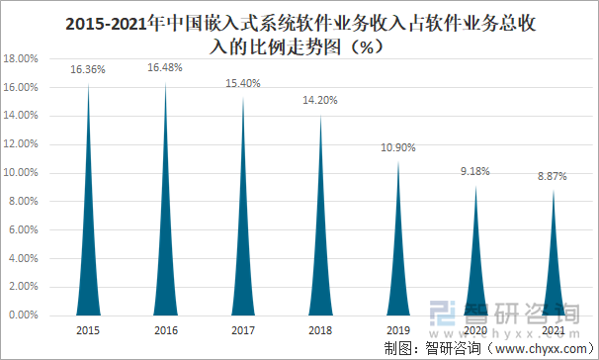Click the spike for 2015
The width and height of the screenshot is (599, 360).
[x=88, y=267]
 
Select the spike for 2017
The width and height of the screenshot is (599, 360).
[x=243, y=267]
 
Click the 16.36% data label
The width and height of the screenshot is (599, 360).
[x=88, y=70]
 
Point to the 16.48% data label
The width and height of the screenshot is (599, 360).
[x=165, y=68]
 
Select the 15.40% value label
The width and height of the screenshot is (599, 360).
[x=243, y=84]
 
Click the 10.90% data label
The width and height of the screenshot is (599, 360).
[x=398, y=147]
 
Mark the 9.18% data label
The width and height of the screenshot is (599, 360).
[x=476, y=171]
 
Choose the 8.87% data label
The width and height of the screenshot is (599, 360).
[x=554, y=176]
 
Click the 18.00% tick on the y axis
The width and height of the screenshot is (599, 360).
[x=22, y=59]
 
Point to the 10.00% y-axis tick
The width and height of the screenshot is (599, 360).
[x=22, y=173]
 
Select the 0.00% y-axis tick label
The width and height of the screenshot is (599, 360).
[x=24, y=315]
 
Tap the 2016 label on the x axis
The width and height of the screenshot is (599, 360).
[x=165, y=329]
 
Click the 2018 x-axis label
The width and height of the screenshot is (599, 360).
[x=321, y=329]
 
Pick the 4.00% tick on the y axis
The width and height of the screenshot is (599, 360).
[x=24, y=259]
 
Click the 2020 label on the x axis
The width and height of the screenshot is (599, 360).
[x=476, y=329]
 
